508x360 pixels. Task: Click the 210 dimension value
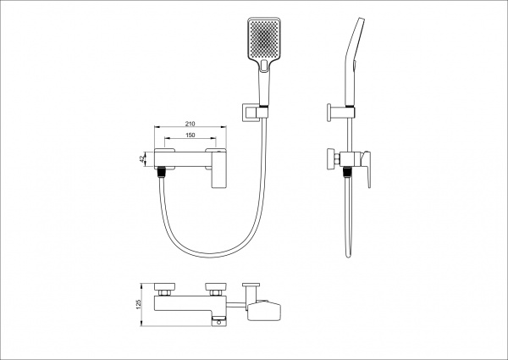(x=190, y=124)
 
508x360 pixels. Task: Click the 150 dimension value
(x=190, y=135)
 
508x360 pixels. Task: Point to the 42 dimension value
(x=141, y=159)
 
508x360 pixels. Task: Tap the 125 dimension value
(x=139, y=304)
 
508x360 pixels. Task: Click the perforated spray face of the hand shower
(x=264, y=38)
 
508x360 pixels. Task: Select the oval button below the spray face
(x=264, y=65)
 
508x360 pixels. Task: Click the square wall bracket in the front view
(x=251, y=113)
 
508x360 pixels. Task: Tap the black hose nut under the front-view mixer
(x=161, y=172)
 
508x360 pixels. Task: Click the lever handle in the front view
(x=218, y=169)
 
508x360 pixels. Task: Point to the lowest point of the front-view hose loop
(x=210, y=256)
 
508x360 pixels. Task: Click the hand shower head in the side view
(x=355, y=62)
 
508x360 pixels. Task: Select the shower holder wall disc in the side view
(x=329, y=113)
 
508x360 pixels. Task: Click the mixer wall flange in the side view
(x=331, y=158)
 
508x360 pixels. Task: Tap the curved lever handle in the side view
(x=366, y=169)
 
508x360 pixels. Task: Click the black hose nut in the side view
(x=347, y=172)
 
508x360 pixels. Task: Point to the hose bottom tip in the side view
(x=348, y=257)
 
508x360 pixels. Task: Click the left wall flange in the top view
(x=164, y=287)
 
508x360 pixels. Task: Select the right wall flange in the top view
(x=216, y=287)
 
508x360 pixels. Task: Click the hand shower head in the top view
(x=263, y=310)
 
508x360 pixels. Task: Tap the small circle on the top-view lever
(x=219, y=323)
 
